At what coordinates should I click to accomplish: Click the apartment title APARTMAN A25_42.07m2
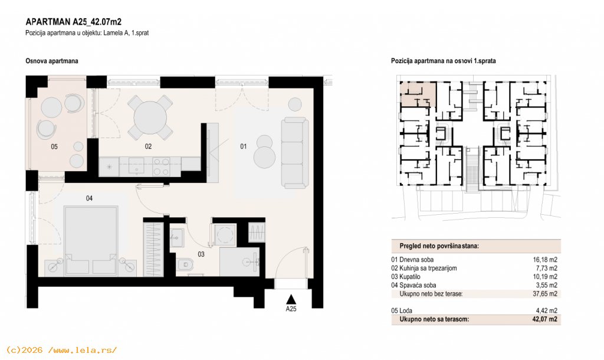pyautogui.click(x=73, y=22)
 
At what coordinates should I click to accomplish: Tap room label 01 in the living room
pyautogui.click(x=244, y=146)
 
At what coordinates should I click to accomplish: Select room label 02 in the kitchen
pyautogui.click(x=148, y=146)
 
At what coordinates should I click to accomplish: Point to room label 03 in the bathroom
pyautogui.click(x=201, y=254)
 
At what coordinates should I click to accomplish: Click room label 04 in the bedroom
pyautogui.click(x=90, y=198)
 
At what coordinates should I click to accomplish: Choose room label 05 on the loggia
pyautogui.click(x=54, y=146)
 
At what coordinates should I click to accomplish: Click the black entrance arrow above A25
pyautogui.click(x=291, y=299)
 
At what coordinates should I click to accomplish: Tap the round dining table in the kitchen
pyautogui.click(x=150, y=117)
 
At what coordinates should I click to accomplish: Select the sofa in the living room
pyautogui.click(x=295, y=153)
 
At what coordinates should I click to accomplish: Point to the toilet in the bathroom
pyautogui.click(x=185, y=265)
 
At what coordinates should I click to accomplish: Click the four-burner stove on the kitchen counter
pyautogui.click(x=161, y=166)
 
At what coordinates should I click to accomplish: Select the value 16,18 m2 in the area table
pyautogui.click(x=545, y=260)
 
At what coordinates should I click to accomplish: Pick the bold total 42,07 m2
pyautogui.click(x=545, y=319)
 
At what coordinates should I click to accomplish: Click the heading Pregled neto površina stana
pyautogui.click(x=439, y=246)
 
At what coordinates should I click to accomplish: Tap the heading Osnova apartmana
pyautogui.click(x=52, y=61)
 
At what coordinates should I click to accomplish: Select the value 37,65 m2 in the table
pyautogui.click(x=545, y=294)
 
